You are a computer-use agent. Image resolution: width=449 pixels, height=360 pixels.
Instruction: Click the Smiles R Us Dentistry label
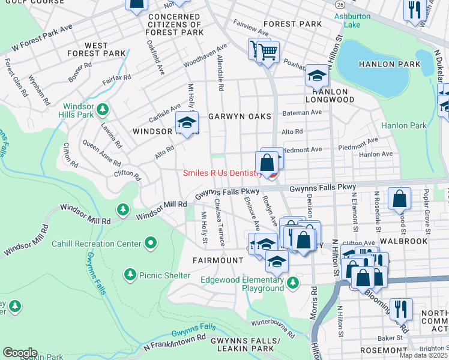click(x=222, y=173)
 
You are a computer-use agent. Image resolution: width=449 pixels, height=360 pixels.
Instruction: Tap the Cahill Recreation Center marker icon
click(x=151, y=243)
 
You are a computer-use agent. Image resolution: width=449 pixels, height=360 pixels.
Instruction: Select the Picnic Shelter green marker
click(x=130, y=274)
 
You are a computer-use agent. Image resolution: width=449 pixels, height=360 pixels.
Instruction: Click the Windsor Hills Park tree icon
click(x=103, y=109)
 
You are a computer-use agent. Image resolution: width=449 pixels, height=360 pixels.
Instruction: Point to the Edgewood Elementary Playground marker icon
click(x=292, y=283)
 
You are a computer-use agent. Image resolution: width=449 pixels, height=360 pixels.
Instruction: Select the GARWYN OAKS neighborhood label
click(x=240, y=116)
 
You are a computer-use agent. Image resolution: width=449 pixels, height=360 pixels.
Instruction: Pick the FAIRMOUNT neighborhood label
click(x=217, y=260)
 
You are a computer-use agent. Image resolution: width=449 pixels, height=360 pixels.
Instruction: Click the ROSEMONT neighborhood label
click(x=384, y=350)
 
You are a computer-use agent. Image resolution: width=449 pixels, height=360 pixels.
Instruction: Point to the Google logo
click(x=20, y=353)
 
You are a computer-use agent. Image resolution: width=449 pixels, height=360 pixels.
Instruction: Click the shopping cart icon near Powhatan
click(x=268, y=52)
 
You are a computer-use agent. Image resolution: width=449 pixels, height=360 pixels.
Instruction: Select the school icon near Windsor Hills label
click(x=187, y=124)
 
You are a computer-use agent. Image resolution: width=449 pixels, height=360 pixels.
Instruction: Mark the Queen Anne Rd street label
click(x=103, y=153)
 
